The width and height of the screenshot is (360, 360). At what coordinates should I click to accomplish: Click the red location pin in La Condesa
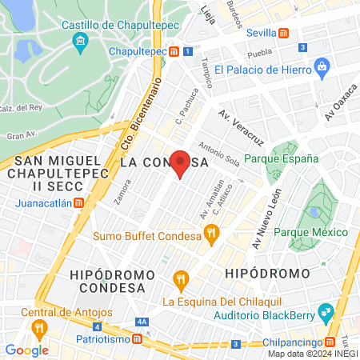(181, 162)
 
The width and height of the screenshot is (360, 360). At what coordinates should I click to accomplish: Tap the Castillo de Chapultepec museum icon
(79, 41)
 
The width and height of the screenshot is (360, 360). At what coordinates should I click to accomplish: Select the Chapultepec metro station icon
(174, 51)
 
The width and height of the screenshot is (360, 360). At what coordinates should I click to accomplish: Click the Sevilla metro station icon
(283, 33)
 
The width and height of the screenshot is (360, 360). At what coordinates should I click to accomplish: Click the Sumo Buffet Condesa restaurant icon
(211, 234)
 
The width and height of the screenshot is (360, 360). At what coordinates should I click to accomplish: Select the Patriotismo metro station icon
(138, 339)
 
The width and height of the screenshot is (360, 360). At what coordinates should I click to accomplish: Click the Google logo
(26, 350)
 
